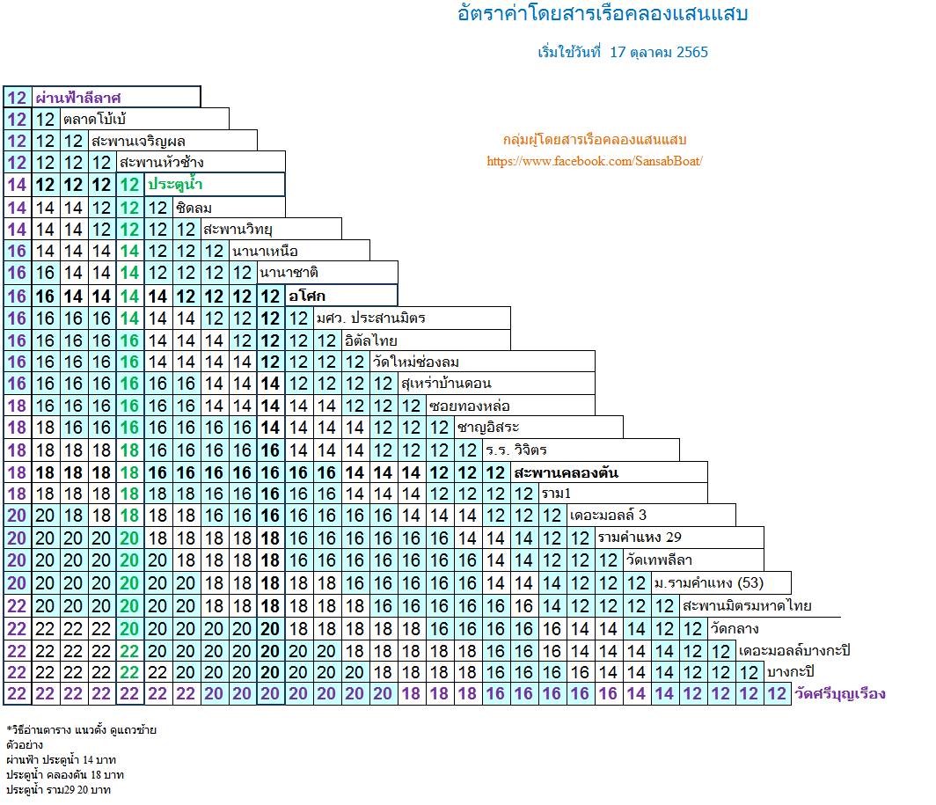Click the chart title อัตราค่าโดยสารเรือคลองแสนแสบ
[x=603, y=13]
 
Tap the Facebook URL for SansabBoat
[x=595, y=161]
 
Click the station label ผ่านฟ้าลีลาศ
[x=78, y=98]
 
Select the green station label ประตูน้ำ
[x=175, y=184]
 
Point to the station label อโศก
[x=307, y=296]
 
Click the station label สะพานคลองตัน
[x=566, y=473]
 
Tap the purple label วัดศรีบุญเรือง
[x=840, y=694]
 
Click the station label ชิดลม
[x=194, y=208]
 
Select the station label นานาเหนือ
[x=265, y=251]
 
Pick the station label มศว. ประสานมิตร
[x=370, y=318]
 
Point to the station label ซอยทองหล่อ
[x=469, y=406]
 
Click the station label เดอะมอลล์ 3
[x=608, y=515]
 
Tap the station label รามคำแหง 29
[x=640, y=538]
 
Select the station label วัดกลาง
[x=735, y=628]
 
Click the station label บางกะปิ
[x=790, y=672]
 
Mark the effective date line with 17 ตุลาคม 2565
[x=623, y=52]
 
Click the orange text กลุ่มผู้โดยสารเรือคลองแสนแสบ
[x=595, y=140]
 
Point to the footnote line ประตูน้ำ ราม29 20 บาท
[x=58, y=789]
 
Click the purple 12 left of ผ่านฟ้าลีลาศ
[x=17, y=98]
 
